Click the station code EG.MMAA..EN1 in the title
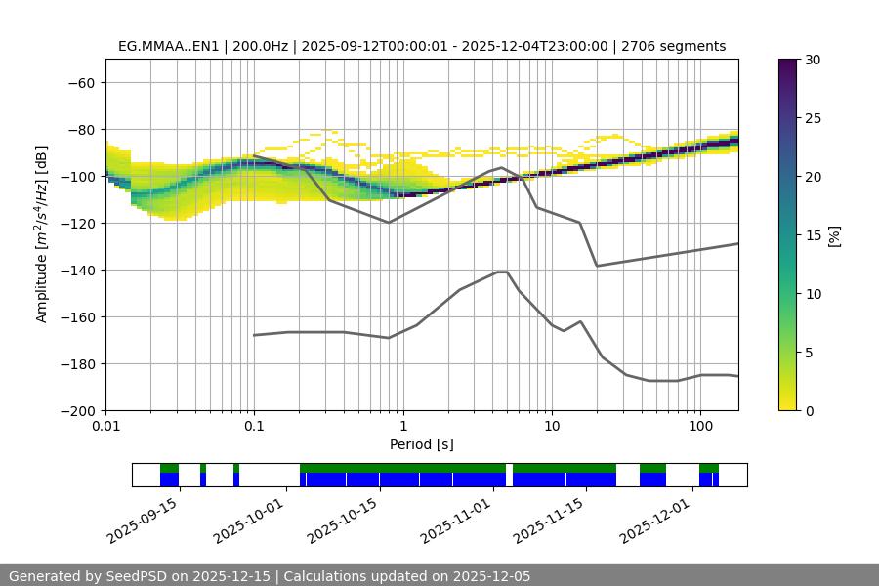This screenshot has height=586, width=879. pos(172,46)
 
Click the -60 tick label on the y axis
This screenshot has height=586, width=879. pos(81,83)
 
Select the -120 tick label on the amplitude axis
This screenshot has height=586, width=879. pos(77,224)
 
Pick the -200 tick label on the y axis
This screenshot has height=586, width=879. pos(77,411)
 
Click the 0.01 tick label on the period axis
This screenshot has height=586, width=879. pos(105,427)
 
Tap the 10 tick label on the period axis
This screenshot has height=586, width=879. pos(551,427)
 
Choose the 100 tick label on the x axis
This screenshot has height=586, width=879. pos(699,427)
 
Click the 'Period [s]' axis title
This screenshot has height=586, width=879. pos(421,444)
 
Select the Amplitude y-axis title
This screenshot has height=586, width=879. pos(41,235)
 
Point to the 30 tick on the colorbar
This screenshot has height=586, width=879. pos(813,61)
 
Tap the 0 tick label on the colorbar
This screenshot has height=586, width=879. pos(809,411)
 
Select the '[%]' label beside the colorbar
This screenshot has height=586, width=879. pos(834,235)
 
